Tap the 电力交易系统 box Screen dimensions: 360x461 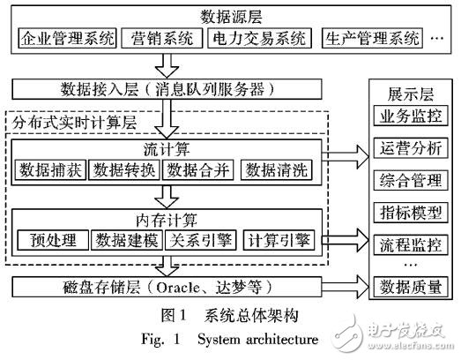258,39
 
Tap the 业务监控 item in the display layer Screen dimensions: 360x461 409,116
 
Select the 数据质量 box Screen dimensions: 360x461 409,287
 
